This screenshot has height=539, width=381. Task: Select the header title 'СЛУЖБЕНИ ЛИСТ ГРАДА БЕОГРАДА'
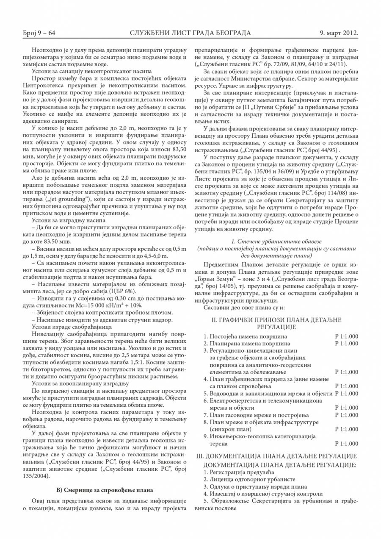pos(190,33)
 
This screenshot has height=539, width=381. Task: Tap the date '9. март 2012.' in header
pos(340,33)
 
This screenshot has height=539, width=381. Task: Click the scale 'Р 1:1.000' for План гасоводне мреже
pos(346,415)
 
